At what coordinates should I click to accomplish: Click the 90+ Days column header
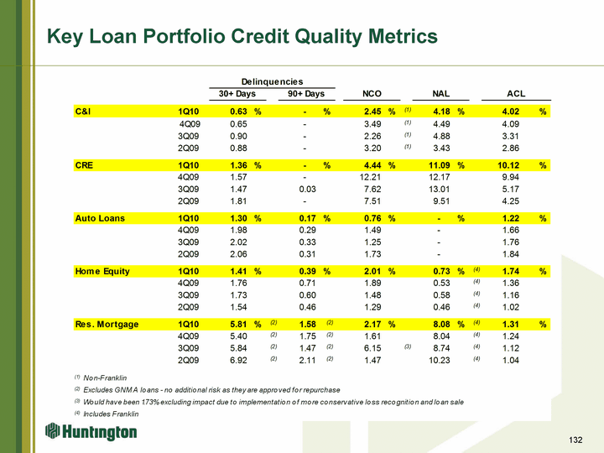(306, 94)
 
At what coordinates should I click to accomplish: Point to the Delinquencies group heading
(267, 80)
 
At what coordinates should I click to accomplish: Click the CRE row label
(84, 165)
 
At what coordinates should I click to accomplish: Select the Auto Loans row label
(100, 218)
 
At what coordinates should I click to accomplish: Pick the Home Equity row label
(103, 271)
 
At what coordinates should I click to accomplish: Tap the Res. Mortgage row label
(107, 324)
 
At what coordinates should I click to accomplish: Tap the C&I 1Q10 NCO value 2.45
(373, 112)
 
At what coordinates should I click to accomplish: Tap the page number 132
(575, 440)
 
